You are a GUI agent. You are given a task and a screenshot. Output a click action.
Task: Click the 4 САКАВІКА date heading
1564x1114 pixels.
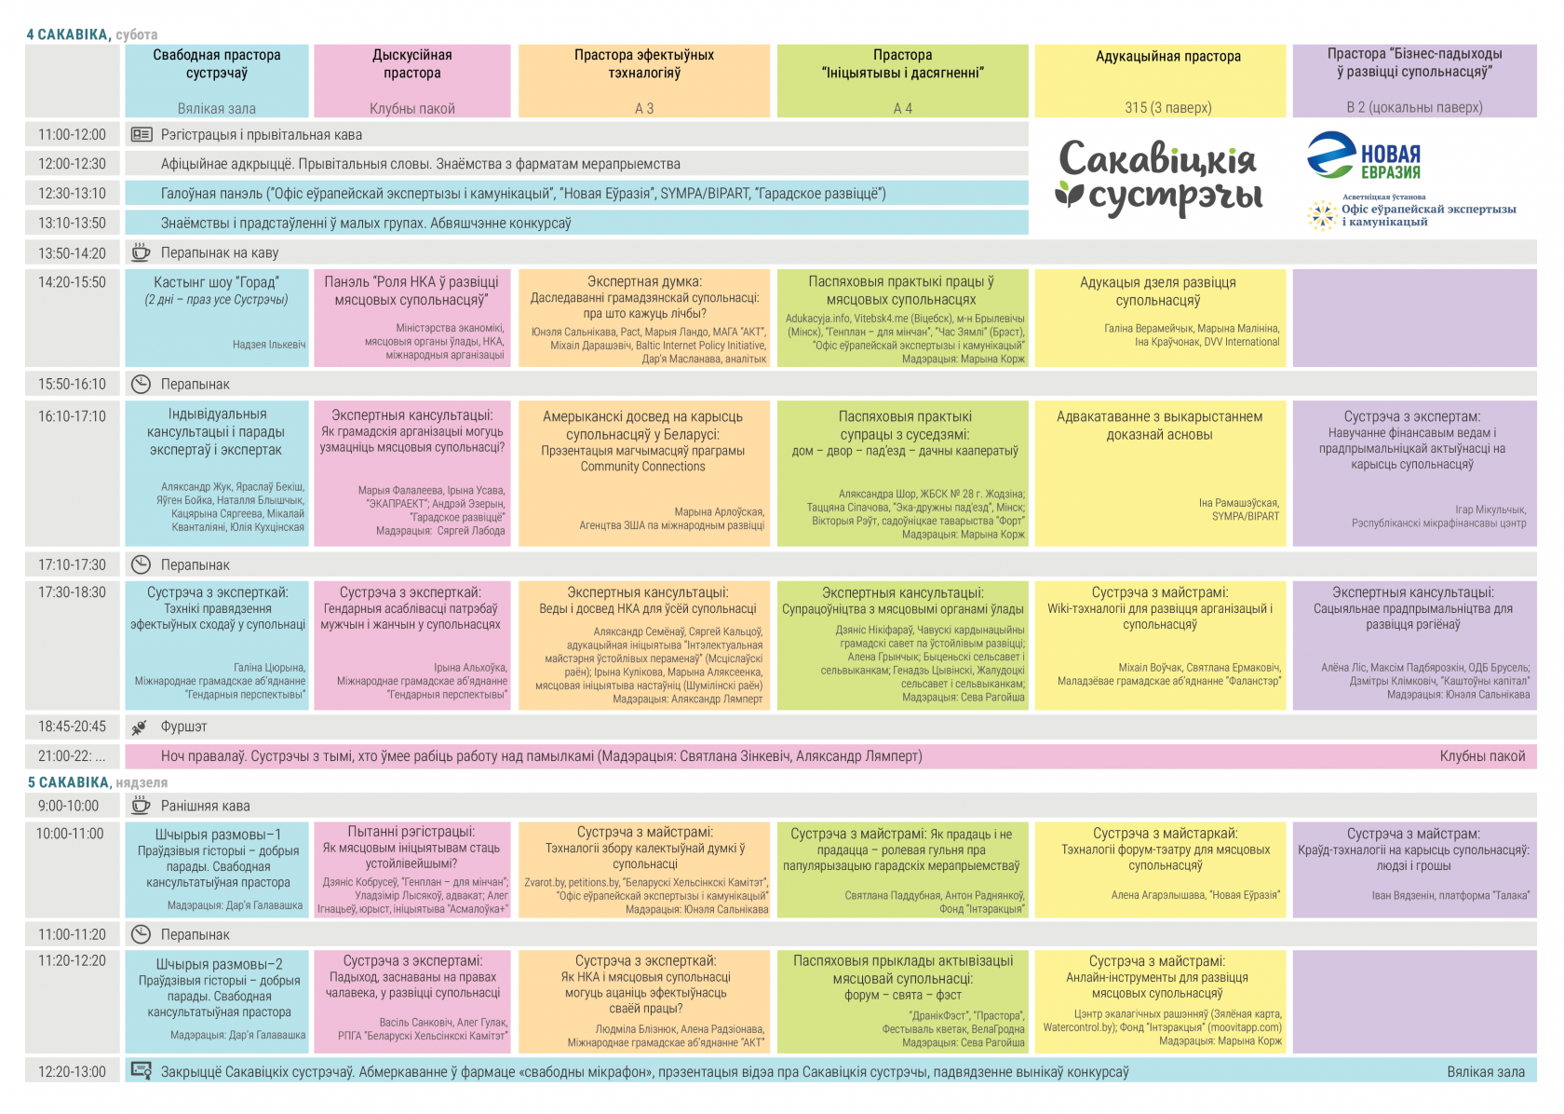(68, 34)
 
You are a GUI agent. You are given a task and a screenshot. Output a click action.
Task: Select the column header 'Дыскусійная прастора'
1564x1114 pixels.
(412, 64)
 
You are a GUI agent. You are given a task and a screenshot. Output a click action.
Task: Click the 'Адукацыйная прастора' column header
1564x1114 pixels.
(1168, 57)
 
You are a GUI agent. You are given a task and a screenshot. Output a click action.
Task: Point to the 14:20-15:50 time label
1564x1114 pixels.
(72, 282)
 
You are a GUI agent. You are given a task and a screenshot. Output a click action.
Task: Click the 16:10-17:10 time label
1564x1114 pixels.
(72, 416)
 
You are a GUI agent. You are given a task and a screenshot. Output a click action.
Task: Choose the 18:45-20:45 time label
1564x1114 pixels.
(72, 727)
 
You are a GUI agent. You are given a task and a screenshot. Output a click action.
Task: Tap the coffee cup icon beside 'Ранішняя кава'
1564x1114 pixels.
(141, 806)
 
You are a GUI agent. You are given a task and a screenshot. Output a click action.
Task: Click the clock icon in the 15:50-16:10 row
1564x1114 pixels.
(141, 384)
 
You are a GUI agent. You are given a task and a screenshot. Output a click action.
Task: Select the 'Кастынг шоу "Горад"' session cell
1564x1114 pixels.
(217, 317)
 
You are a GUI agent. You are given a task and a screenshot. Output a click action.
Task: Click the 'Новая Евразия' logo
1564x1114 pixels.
(1364, 156)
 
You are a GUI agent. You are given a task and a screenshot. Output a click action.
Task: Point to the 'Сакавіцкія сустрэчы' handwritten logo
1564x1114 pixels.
(1159, 177)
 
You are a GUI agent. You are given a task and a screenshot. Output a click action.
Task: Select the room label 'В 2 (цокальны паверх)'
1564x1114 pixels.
(1414, 107)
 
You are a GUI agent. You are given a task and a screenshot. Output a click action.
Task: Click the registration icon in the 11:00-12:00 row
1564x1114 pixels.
(142, 134)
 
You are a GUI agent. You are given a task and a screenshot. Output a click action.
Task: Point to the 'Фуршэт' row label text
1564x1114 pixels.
(184, 727)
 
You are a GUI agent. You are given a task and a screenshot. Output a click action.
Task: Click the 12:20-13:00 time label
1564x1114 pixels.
(72, 1072)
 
